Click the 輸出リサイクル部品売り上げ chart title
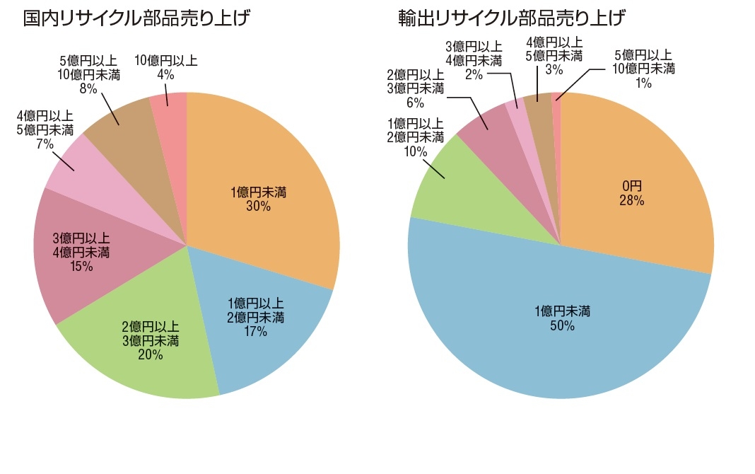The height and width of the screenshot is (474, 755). click(x=512, y=18)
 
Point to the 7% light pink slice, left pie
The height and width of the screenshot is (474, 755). click(x=78, y=166)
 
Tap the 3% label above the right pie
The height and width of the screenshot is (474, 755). click(x=554, y=69)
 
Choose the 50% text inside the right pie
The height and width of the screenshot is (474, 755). click(x=562, y=326)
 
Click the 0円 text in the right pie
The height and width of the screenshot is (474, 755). click(x=632, y=186)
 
